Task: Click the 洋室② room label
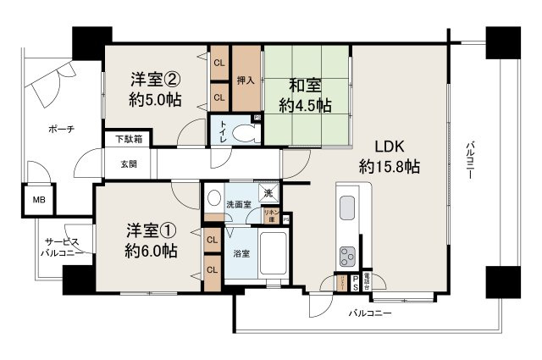[x=154, y=80]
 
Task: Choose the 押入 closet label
[x=246, y=81]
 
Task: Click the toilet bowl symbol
[x=246, y=133]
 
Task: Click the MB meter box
[x=39, y=200]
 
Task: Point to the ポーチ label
[x=60, y=129]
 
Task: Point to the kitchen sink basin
[x=349, y=208]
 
